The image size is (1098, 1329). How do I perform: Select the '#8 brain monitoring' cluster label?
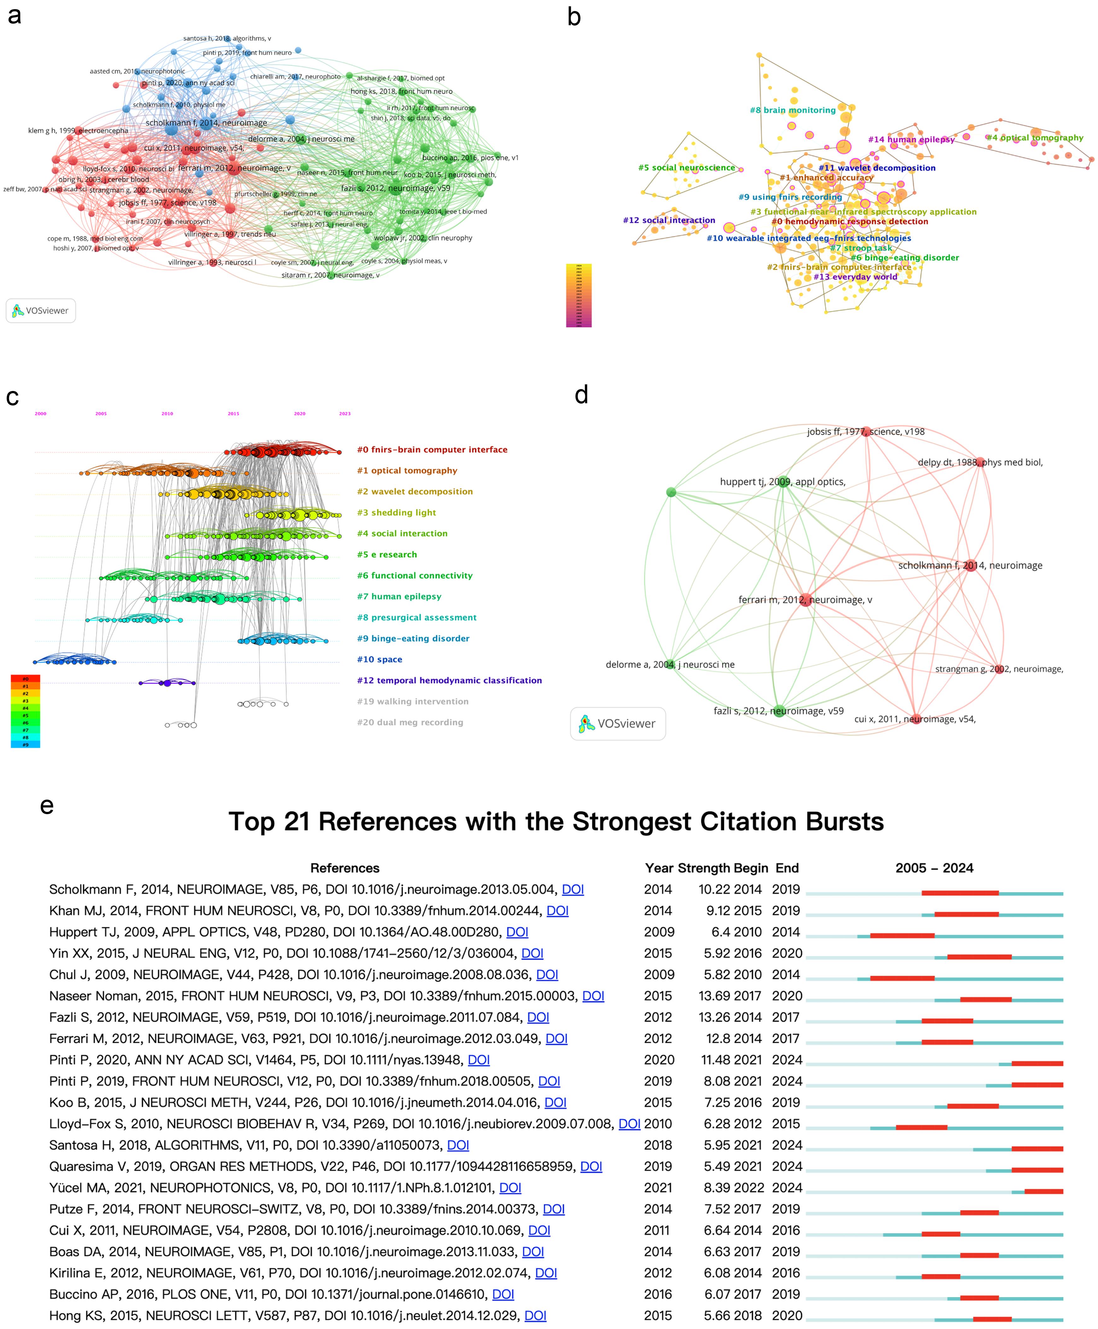coord(792,110)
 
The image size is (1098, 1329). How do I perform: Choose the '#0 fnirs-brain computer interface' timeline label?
coord(432,450)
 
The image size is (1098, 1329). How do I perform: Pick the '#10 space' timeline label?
coord(379,659)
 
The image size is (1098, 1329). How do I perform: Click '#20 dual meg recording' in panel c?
coord(410,722)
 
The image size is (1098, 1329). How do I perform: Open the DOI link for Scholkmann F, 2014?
coord(572,889)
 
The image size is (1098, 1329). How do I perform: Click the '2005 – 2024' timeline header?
coord(934,868)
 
